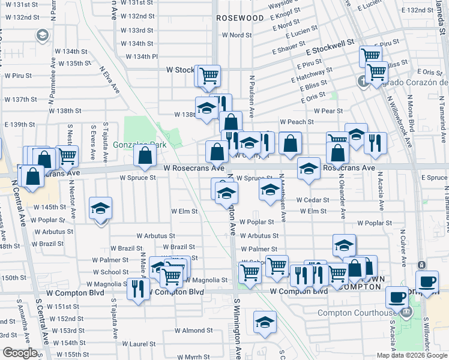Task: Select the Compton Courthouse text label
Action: (357, 313)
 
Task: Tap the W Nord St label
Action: (237, 35)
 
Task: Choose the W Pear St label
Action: (328, 111)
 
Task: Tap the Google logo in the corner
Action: (20, 353)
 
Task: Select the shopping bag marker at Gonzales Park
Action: (146, 157)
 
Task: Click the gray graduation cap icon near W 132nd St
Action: (43, 36)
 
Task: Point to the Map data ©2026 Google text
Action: (412, 355)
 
